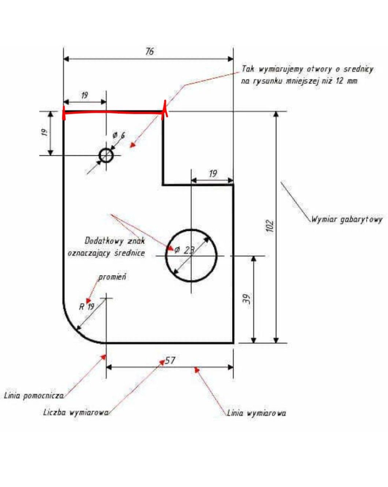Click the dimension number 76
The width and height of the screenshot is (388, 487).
click(x=149, y=51)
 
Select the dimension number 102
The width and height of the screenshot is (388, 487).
click(x=269, y=226)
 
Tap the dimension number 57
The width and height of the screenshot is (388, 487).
click(x=170, y=361)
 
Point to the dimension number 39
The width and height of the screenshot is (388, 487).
click(x=247, y=299)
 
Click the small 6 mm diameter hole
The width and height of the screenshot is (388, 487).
click(x=106, y=155)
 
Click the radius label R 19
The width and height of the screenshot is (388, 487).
click(x=87, y=306)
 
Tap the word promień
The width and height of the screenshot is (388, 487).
click(x=112, y=277)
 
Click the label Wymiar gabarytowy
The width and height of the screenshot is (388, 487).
click(x=347, y=219)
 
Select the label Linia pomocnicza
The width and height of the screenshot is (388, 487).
click(x=34, y=396)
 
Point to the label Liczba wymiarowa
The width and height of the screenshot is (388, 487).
click(x=76, y=413)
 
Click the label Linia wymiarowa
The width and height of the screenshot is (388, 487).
click(x=256, y=413)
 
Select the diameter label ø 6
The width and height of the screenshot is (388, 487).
click(x=119, y=135)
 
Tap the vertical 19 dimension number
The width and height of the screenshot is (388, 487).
click(x=44, y=132)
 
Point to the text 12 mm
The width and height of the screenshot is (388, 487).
click(x=346, y=81)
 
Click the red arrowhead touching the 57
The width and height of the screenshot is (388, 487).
click(x=162, y=362)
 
